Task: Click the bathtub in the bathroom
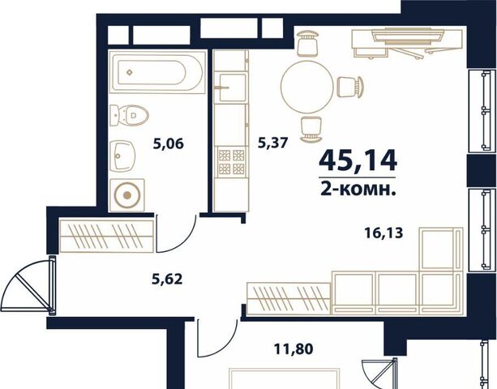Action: point(157,72)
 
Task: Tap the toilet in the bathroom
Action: point(130,114)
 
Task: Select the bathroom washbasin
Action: point(122,156)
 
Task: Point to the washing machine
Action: point(127,195)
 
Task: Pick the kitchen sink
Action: point(230,87)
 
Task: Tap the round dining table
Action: point(306,87)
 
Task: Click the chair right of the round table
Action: point(350,87)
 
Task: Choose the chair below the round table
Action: point(311,129)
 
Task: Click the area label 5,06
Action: point(169,144)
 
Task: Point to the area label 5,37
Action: point(273,143)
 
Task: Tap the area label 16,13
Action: point(383,233)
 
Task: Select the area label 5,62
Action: point(167,280)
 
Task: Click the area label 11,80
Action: point(293,349)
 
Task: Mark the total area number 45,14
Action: point(358,160)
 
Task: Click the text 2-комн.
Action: point(358,190)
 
